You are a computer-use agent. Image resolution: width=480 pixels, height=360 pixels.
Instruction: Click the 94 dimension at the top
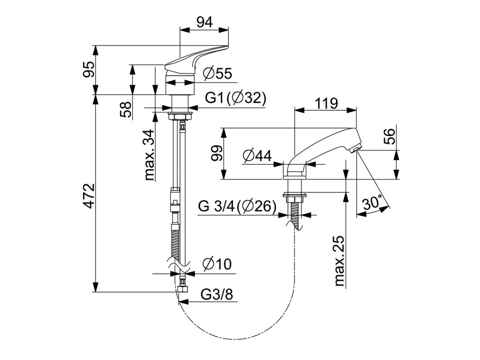[204, 22]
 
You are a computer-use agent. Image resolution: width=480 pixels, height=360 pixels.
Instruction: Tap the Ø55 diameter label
[217, 74]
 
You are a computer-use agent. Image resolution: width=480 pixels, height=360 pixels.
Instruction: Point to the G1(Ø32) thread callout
[235, 98]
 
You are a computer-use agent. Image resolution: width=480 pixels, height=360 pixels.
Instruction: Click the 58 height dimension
[126, 110]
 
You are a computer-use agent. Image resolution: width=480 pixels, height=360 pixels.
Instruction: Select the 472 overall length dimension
[89, 196]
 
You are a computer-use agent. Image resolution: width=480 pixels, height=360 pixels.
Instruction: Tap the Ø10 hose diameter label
[217, 264]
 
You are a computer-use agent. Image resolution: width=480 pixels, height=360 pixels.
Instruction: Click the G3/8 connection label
[217, 294]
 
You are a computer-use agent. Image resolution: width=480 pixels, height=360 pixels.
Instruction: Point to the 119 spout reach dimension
[327, 104]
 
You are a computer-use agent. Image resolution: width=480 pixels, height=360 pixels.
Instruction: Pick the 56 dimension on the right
[390, 136]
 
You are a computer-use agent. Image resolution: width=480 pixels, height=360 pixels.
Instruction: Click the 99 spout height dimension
[217, 153]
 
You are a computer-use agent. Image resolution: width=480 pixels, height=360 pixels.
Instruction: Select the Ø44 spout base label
[257, 156]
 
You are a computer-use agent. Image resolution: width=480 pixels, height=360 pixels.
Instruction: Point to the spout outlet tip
[355, 149]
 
